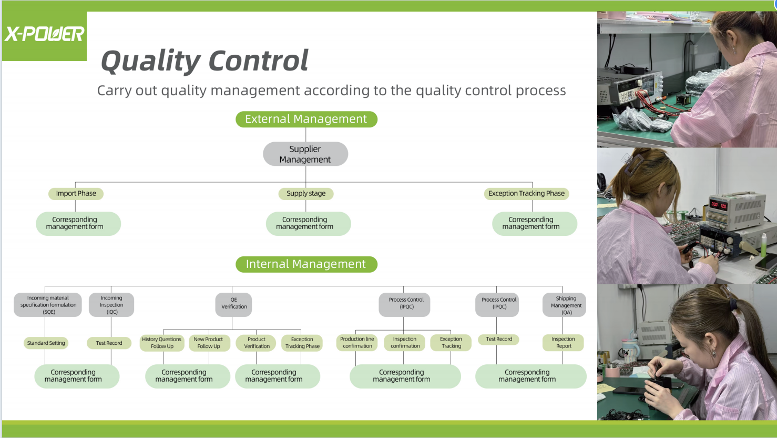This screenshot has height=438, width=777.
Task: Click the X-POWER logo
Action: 45,35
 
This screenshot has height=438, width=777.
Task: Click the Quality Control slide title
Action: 205,61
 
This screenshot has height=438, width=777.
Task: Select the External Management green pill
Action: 306,119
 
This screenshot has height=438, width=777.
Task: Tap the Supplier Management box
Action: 305,154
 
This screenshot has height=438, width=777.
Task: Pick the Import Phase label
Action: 76,194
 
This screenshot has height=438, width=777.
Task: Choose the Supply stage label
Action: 306,194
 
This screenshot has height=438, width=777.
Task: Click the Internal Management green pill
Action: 306,264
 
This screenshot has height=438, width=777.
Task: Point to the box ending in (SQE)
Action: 48,305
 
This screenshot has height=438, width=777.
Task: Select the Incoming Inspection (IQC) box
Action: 111,305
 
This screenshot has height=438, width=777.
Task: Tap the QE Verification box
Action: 234,304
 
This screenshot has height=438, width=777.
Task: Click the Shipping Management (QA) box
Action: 565,305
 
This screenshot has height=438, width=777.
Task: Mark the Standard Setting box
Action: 46,343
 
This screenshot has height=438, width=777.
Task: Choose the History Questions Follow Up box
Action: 162,343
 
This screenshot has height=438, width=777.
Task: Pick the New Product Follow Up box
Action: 209,343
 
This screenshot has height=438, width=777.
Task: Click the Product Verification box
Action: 257,343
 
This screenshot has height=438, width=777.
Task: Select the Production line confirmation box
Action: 357,343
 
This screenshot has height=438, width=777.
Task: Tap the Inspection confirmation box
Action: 405,343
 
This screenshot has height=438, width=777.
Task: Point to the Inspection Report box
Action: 563,343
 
